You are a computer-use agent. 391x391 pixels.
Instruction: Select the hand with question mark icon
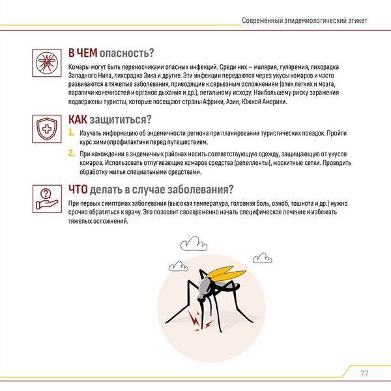pos(46,197)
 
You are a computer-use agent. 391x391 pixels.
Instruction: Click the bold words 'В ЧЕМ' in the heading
pos(85,53)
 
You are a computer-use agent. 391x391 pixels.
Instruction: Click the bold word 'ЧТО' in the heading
pos(81,190)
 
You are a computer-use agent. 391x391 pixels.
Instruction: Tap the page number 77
pos(364,373)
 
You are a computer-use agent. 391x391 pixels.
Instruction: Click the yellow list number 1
pos(72,133)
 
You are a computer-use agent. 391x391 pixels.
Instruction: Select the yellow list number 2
pos(72,154)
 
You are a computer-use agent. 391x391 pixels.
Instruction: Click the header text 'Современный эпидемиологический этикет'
pos(304,20)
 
